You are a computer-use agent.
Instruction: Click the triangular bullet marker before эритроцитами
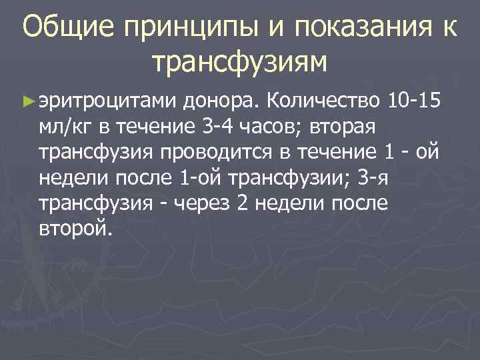pos(27,100)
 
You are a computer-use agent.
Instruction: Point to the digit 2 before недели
pos(243,203)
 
